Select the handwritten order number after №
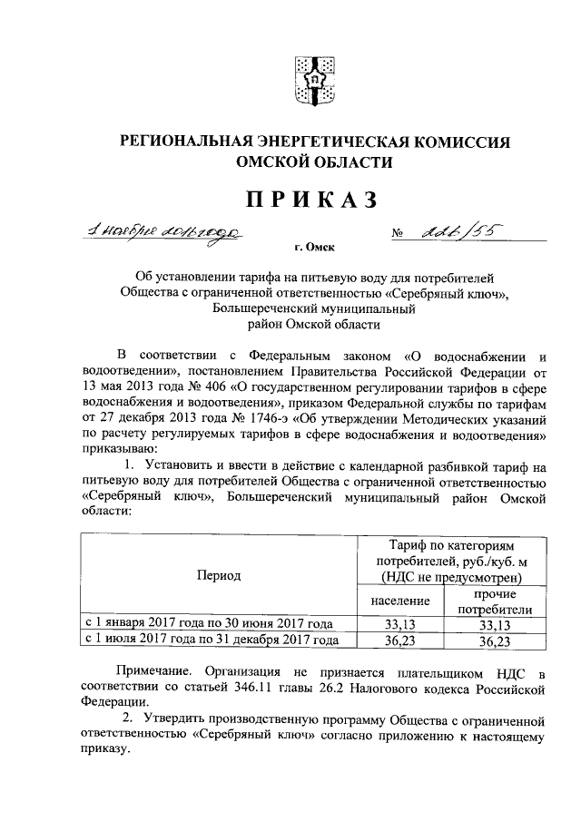(x=457, y=233)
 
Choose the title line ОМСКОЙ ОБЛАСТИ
(x=314, y=163)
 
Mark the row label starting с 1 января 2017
(x=208, y=624)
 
